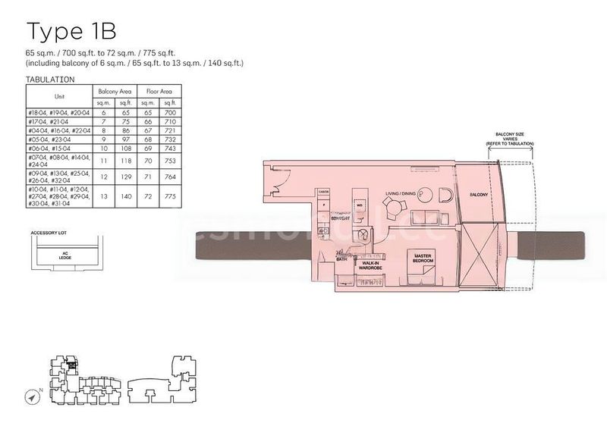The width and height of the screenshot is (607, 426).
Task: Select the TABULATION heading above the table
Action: pos(50,79)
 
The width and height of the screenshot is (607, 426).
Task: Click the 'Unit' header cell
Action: pos(59,96)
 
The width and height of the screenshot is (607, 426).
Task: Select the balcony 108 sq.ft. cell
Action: pos(126,149)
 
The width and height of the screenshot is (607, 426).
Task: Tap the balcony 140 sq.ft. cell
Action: pos(126,196)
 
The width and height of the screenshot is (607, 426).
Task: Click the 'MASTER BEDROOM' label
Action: pos(423,258)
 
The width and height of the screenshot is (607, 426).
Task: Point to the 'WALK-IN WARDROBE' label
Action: pos(371,266)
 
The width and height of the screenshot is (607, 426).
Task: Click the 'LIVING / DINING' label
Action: pos(401,194)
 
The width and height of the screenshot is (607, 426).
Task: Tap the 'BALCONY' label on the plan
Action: pos(478,194)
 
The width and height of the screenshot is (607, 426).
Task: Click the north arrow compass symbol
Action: pos(33,395)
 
